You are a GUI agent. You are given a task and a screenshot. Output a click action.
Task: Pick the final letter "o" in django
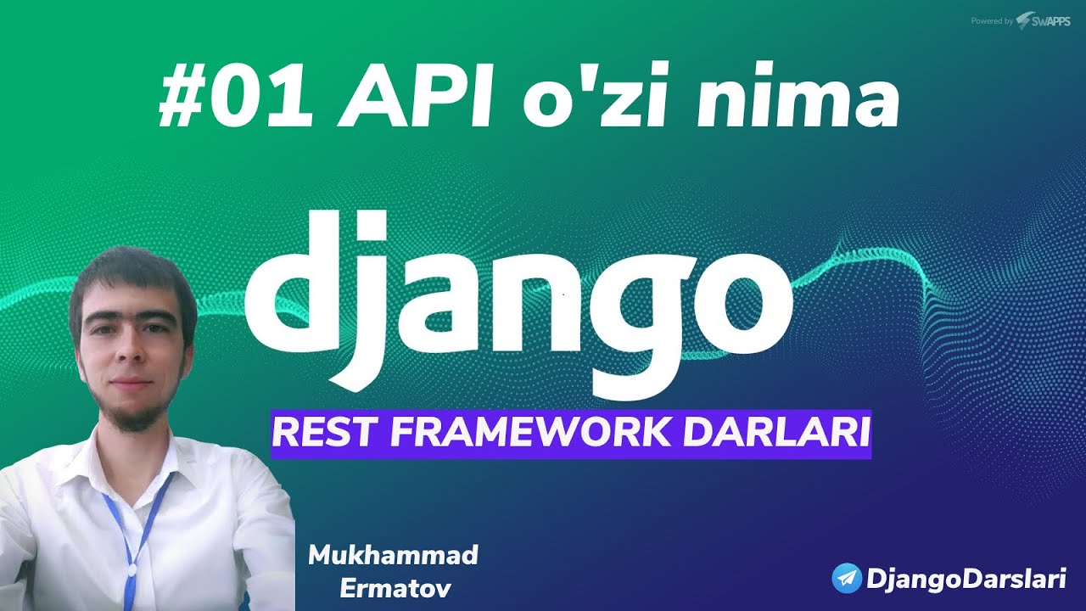[x=739, y=297]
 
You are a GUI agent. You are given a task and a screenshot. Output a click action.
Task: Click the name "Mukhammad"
[x=394, y=556]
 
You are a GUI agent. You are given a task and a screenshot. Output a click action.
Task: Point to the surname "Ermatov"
[x=394, y=589]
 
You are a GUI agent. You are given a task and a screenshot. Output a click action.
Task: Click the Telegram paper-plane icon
[x=847, y=579]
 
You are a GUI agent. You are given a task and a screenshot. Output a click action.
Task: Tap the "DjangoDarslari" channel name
[x=965, y=580]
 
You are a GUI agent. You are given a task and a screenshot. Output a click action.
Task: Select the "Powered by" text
[x=991, y=21]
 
